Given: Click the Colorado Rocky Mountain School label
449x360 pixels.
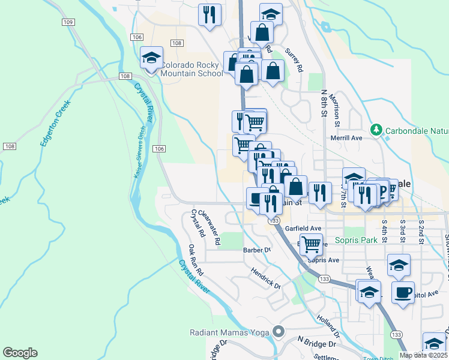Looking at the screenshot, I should click(191, 69).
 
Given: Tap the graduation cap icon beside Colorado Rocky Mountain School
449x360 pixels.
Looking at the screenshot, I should click(151, 58).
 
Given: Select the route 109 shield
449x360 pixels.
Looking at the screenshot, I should click(67, 22).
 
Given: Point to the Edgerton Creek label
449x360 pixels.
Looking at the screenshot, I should click(55, 123).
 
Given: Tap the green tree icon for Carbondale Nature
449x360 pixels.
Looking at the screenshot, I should click(376, 130).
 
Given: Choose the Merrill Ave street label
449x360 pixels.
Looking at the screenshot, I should click(346, 138).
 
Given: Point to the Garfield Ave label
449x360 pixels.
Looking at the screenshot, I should click(304, 229).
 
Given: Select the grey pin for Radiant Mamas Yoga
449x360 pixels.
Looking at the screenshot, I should click(277, 331).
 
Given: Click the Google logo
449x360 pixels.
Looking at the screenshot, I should click(20, 353).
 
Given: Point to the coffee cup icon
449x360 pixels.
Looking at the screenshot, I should click(402, 292).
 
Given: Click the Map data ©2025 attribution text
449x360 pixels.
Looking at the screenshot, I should click(424, 355).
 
